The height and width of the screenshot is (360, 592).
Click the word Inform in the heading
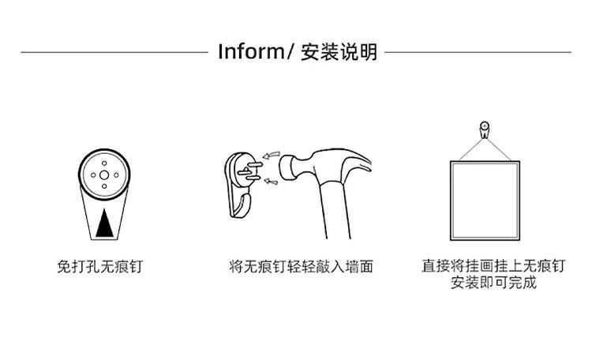[252, 52]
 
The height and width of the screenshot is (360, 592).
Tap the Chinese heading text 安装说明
[339, 52]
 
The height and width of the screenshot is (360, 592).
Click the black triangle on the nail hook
[104, 223]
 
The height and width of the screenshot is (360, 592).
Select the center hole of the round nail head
[104, 175]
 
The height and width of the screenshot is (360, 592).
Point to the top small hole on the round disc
[104, 163]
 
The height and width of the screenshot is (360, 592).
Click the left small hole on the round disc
[93, 175]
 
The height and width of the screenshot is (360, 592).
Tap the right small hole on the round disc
[116, 175]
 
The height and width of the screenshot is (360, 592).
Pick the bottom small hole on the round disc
[104, 186]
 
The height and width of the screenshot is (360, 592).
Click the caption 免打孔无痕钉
[100, 267]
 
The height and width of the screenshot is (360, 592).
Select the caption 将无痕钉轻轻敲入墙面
[301, 267]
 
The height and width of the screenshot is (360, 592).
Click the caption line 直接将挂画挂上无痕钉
[493, 266]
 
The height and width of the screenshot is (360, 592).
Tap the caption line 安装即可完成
[493, 283]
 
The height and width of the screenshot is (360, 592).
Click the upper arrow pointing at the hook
[271, 155]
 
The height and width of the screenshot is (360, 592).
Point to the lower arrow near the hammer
[271, 182]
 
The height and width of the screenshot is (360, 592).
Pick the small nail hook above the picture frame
[485, 130]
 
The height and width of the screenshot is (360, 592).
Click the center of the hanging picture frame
[485, 201]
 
